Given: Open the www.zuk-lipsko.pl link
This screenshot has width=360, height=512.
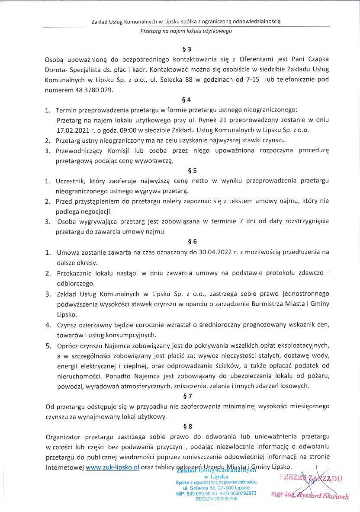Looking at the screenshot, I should pos(112,467).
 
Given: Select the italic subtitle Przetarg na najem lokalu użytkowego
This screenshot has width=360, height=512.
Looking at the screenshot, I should pos(186,31).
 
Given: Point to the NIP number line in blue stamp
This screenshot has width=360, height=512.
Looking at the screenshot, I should pos(216,493).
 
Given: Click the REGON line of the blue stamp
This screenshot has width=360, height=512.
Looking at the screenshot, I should pos(216,499).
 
